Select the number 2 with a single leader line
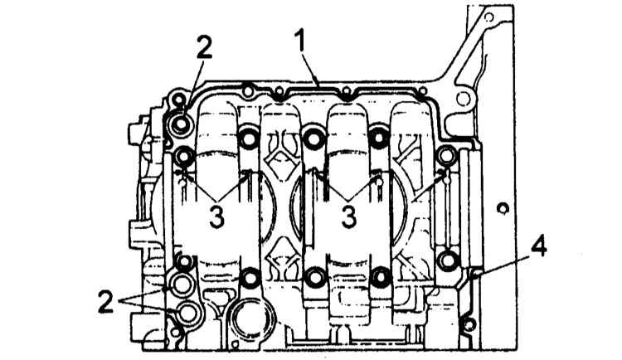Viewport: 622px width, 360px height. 203,47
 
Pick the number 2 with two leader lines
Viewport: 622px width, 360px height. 107,301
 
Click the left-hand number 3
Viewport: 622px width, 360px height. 216,218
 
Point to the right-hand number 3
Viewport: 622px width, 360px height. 348,217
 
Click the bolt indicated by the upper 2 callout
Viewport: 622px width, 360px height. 180,124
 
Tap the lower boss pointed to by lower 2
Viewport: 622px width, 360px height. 187,312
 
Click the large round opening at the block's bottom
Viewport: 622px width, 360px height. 249,319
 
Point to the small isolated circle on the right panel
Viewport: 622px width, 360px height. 503,208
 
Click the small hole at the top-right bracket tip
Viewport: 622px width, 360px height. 489,17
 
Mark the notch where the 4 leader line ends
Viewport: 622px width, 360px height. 474,273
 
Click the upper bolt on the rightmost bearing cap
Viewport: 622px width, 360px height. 448,155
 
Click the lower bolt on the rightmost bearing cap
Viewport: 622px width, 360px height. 447,259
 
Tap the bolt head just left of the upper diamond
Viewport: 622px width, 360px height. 249,139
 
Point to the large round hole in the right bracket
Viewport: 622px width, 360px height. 464,99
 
